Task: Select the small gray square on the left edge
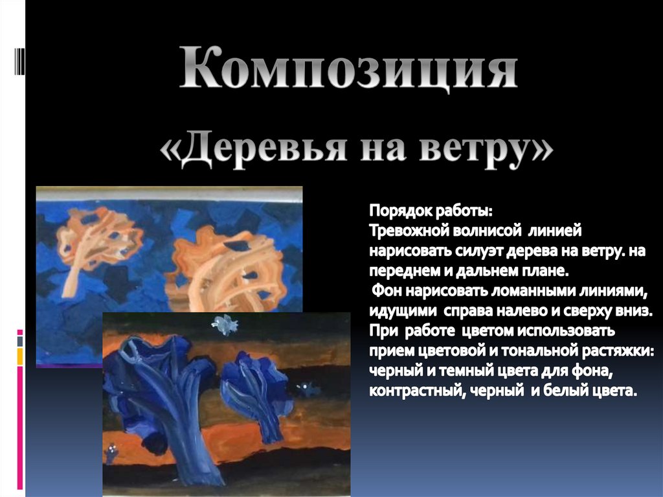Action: tap(19, 341)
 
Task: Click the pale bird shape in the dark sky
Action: tap(224, 325)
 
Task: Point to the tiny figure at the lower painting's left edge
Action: tap(112, 452)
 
